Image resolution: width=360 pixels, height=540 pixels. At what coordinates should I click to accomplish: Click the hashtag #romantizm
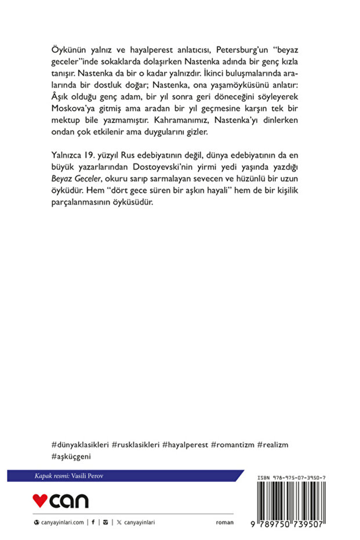[x=232, y=444]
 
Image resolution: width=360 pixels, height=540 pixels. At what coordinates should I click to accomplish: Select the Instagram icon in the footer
[x=104, y=522]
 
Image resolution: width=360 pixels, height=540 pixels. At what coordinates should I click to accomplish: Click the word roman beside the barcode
[x=224, y=522]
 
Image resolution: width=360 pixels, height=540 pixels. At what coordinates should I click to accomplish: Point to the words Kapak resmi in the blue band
[x=51, y=476]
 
